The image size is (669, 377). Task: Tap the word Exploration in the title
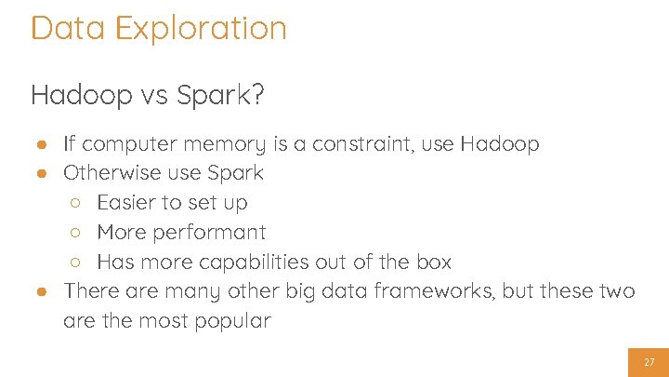201,28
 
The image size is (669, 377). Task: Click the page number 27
649,362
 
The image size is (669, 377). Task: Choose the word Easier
129,203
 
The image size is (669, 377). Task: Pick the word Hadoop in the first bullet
499,144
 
